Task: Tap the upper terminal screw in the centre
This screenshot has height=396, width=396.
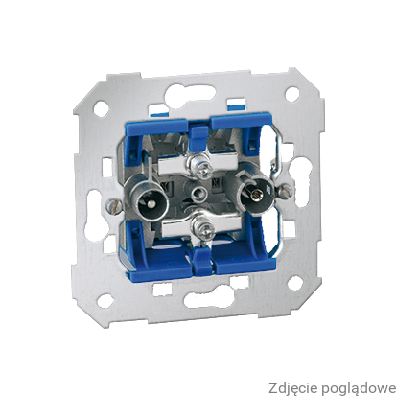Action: [198, 163]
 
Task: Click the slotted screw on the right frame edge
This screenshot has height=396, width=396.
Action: [285, 191]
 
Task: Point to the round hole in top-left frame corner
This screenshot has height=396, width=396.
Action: [102, 107]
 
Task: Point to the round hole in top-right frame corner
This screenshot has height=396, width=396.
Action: [291, 93]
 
